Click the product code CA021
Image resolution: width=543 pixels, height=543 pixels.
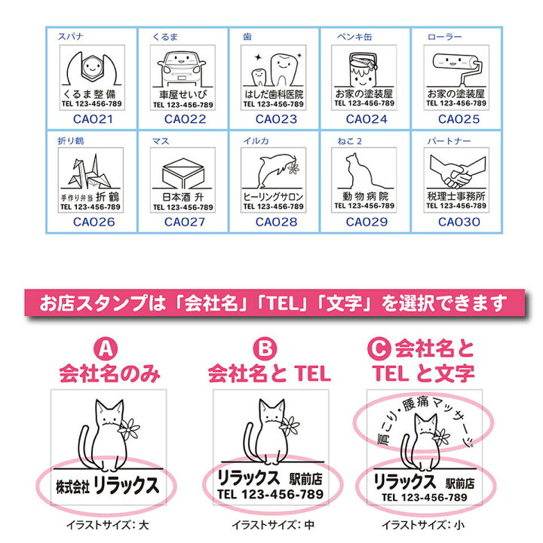click(91, 118)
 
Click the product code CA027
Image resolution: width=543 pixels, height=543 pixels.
click(182, 222)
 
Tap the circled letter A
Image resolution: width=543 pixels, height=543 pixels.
click(108, 349)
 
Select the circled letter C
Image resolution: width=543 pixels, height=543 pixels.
click(383, 349)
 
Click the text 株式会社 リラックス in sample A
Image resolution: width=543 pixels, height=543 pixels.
click(105, 486)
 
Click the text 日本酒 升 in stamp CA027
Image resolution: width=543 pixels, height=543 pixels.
click(182, 197)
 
